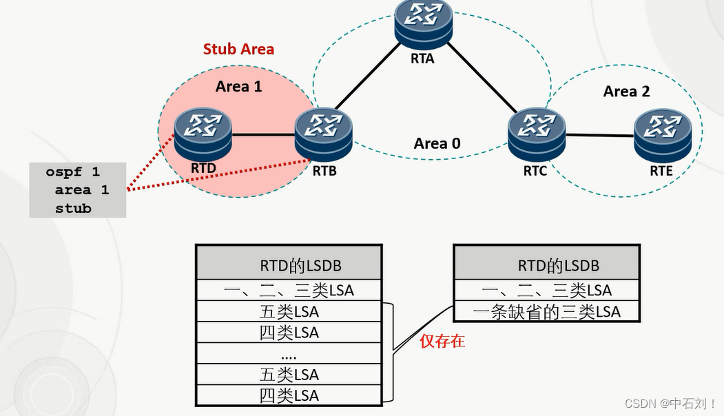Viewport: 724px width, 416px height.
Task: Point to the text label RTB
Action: click(x=324, y=171)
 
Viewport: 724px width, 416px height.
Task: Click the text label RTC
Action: click(x=535, y=171)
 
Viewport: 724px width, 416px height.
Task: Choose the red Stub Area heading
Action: click(x=238, y=49)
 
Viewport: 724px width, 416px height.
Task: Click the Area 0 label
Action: click(x=437, y=143)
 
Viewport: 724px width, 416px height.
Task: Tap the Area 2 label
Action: click(x=626, y=92)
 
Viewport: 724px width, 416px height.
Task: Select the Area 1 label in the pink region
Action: click(x=238, y=86)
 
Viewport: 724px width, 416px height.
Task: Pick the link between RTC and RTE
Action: click(x=599, y=135)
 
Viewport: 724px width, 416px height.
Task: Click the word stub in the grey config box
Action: click(x=74, y=207)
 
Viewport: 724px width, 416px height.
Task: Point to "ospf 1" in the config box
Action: click(x=73, y=171)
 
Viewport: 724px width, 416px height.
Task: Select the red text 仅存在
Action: click(x=442, y=340)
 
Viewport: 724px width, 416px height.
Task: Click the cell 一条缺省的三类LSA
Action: click(x=547, y=311)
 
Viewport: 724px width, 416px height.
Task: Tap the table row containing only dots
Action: click(x=289, y=354)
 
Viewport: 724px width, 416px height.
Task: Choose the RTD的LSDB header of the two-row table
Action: click(x=547, y=265)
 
